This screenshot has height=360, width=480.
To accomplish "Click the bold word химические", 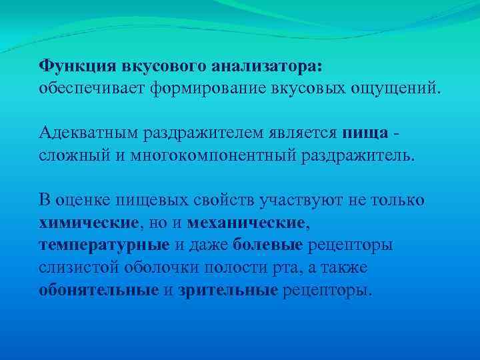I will click(89, 221).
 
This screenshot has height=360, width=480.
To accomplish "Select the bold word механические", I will click(246, 221).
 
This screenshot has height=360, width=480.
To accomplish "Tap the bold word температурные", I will click(103, 244).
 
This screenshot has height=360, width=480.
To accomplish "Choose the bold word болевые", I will click(267, 244).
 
